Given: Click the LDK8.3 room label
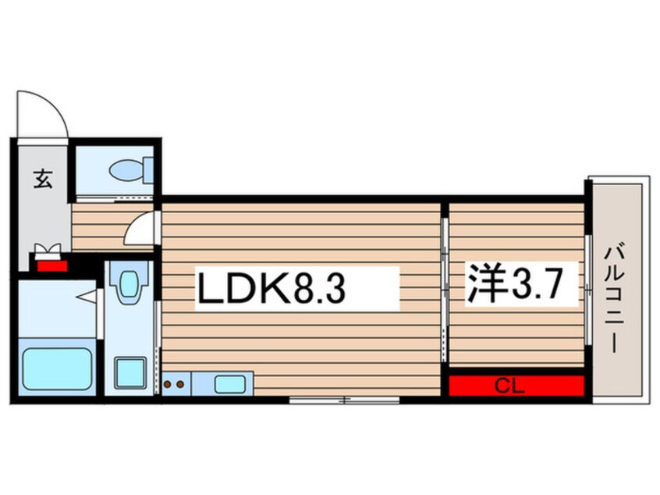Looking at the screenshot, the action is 271,288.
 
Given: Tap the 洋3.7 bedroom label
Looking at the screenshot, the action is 514,283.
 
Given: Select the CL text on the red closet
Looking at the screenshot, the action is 509,386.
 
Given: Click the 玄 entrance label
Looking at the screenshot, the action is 43,178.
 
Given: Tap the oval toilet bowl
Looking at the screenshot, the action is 126,171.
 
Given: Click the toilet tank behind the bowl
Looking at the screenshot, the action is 148,170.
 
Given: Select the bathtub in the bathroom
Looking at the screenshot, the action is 57,369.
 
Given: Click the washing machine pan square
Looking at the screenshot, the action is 130,373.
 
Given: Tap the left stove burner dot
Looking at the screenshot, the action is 167,384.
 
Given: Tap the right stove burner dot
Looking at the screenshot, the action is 180,384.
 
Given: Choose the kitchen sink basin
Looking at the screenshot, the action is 230,384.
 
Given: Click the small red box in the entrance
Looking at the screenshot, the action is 52,265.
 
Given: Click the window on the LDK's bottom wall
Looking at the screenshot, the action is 344,400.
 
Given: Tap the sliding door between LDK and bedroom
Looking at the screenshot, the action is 444,289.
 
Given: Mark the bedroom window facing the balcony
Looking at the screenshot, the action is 588,289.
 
